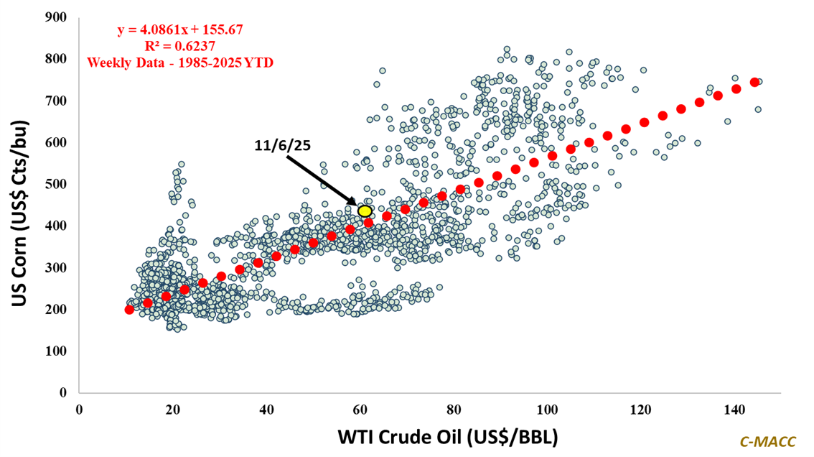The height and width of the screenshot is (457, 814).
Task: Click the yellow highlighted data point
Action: click(x=365, y=211)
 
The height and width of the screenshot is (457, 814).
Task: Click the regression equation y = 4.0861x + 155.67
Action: click(x=180, y=30)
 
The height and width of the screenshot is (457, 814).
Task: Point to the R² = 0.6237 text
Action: click(x=180, y=46)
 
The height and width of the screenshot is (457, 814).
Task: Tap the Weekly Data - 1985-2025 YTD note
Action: click(x=180, y=62)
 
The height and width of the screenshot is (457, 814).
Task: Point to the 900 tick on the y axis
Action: click(x=58, y=17)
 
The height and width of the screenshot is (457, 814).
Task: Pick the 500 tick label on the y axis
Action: click(x=58, y=184)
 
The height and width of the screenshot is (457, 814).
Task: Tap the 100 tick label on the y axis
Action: click(x=58, y=351)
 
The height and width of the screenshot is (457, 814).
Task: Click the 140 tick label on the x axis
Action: click(x=734, y=409)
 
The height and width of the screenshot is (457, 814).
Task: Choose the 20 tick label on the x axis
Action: click(x=172, y=409)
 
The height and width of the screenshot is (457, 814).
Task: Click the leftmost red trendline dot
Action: click(x=129, y=310)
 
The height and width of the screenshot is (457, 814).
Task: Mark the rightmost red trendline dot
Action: click(x=754, y=82)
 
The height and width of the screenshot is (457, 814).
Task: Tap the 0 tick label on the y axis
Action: click(x=64, y=393)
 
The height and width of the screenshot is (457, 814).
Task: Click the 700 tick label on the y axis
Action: click(x=58, y=101)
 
